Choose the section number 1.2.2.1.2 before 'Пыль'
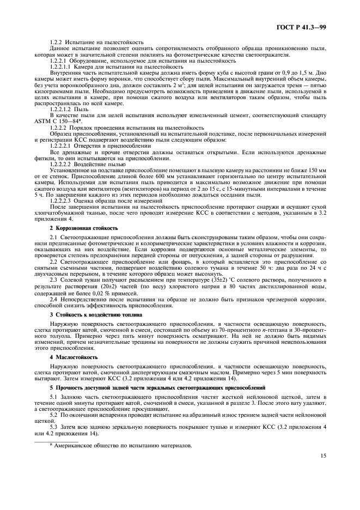point(61,110)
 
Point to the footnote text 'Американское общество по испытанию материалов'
point(123,445)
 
